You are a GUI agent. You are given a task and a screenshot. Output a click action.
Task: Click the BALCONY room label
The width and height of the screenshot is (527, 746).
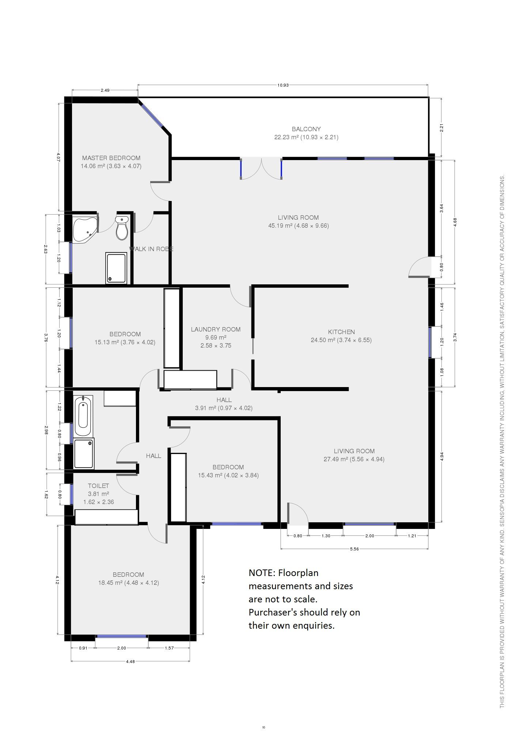pos(306,129)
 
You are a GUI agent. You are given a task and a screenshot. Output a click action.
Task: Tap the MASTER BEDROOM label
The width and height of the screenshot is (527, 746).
pos(111,158)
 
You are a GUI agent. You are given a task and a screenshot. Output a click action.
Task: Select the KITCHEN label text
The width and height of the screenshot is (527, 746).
pos(341,332)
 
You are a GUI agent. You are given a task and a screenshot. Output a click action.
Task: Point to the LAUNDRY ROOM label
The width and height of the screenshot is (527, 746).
pos(216,329)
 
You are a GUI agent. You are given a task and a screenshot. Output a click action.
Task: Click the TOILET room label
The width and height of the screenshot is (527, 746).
pos(98,486)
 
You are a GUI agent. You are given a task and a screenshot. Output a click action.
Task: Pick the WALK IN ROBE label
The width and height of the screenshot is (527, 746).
pos(151,249)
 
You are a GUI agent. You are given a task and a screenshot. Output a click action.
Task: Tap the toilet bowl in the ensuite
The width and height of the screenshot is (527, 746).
pos(122,228)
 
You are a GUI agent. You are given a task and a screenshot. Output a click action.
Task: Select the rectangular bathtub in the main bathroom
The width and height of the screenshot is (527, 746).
pos(83,416)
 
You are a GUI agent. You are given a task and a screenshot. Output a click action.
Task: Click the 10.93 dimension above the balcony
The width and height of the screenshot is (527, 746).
pos(283,85)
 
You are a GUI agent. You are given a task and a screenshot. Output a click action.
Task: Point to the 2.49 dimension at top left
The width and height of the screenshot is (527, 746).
pos(105,90)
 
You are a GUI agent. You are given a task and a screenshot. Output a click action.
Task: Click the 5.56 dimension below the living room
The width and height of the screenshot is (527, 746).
pos(354,549)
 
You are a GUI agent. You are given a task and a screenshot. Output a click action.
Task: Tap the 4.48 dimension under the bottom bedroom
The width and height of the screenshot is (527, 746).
pos(130,661)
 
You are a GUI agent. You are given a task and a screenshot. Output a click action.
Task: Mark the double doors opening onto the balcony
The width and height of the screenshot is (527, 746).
pos(261,168)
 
